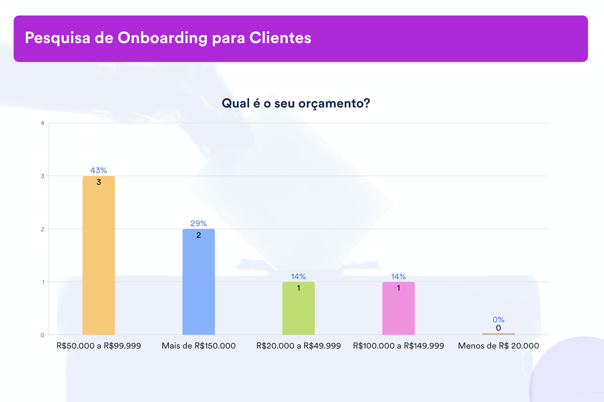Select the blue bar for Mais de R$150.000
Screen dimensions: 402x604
click(199, 283)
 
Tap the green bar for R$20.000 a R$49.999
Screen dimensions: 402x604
click(299, 310)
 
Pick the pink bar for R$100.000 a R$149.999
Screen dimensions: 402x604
click(398, 310)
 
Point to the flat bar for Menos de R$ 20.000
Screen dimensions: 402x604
click(498, 334)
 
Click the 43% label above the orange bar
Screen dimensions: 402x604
click(99, 170)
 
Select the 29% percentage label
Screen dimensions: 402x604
click(199, 223)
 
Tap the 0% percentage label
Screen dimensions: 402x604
click(498, 320)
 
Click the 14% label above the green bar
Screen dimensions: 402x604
click(299, 277)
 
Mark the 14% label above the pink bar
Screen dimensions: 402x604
click(398, 277)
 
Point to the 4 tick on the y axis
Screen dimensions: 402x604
click(42, 123)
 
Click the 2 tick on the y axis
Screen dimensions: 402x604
click(42, 229)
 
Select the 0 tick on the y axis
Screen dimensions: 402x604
click(42, 335)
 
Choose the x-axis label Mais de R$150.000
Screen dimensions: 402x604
click(199, 346)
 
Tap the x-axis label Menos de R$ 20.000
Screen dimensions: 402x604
click(498, 346)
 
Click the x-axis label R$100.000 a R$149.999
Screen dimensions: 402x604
click(398, 346)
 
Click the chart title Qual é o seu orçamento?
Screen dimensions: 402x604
click(296, 103)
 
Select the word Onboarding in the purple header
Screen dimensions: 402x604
click(163, 38)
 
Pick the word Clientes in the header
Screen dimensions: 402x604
click(280, 38)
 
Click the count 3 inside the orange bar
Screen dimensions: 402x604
click(99, 182)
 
